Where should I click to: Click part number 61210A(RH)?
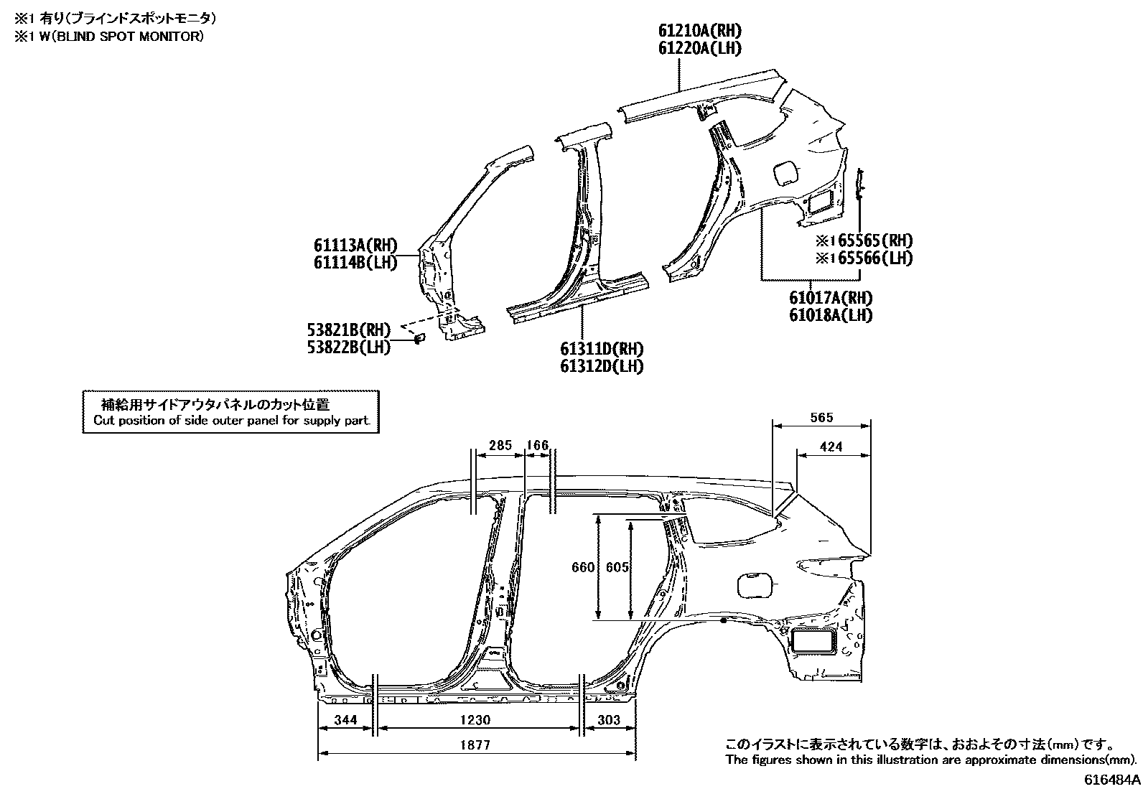[700, 31]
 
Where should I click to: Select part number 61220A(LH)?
[700, 48]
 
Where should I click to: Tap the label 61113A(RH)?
[355, 246]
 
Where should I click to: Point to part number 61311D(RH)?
[602, 349]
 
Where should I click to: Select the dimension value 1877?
[476, 745]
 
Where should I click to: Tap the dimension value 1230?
[476, 720]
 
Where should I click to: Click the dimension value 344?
[345, 720]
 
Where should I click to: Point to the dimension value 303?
[608, 720]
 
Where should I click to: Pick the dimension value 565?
[821, 418]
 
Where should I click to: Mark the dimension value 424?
[831, 447]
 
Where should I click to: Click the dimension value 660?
[583, 567]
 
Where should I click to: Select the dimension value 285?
[500, 445]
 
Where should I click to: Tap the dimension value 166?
[538, 445]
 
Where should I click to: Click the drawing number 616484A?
[1111, 779]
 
